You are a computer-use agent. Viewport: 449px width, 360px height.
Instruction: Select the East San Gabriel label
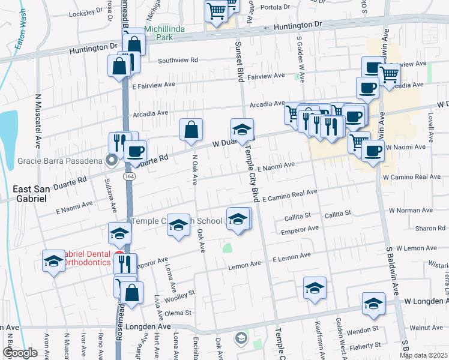(x=31, y=193)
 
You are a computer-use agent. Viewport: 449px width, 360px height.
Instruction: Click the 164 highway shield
(x=130, y=177)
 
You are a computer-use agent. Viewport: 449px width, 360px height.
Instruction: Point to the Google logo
(x=20, y=352)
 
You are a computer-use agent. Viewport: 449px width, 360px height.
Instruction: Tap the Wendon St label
(x=358, y=329)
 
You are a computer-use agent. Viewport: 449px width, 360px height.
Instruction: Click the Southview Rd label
(x=178, y=60)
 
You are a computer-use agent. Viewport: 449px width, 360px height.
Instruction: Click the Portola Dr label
(x=273, y=8)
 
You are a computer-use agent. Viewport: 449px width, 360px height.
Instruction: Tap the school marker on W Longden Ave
(x=373, y=304)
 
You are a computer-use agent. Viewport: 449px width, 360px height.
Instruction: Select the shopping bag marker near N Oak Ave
(x=191, y=129)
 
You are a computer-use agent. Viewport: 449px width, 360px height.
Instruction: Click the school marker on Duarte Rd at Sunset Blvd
(x=243, y=130)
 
